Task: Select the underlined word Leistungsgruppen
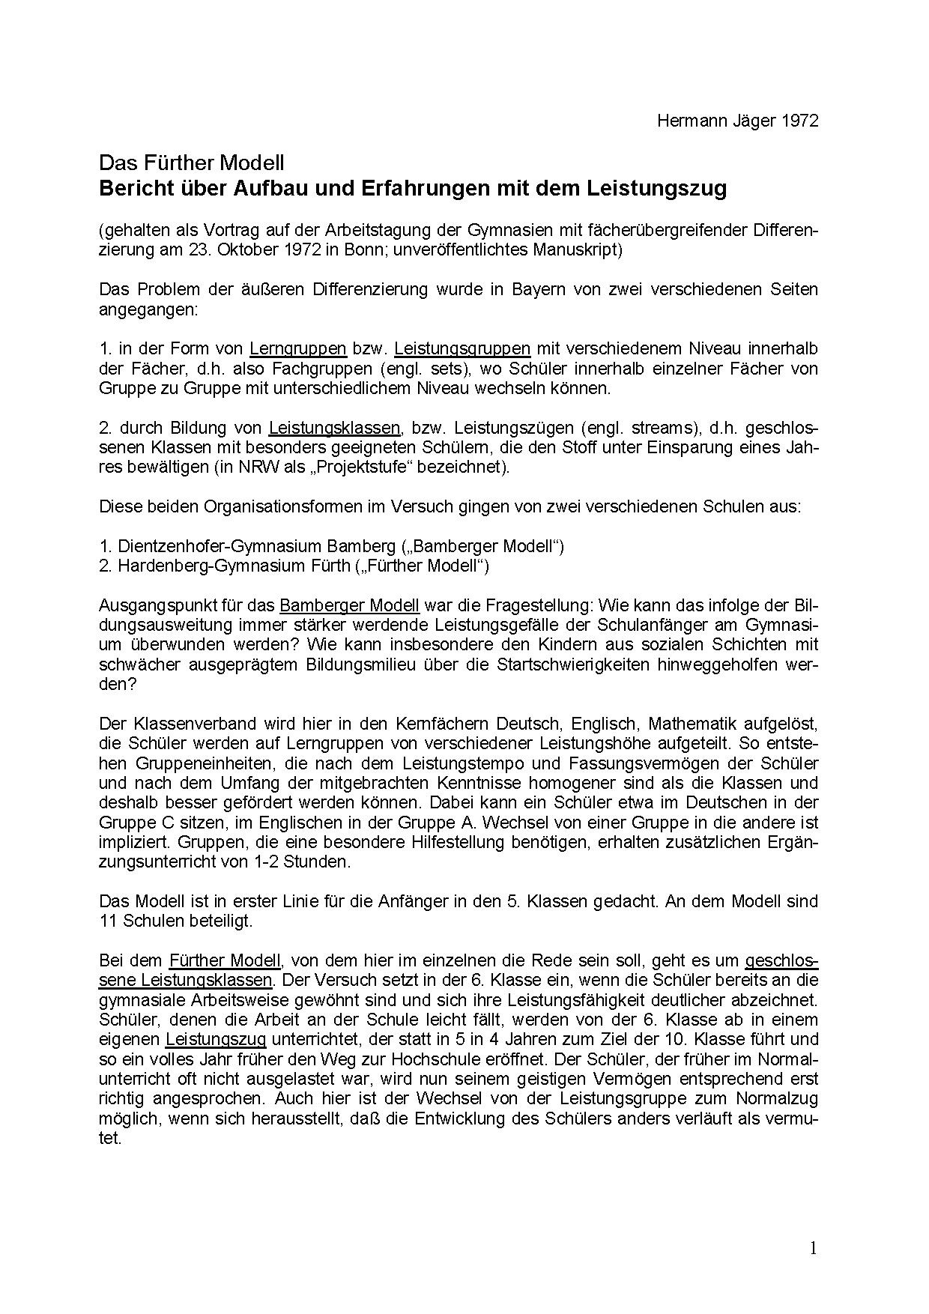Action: pos(462,348)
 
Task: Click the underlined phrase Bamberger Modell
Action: pos(349,605)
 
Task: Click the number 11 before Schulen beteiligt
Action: pos(108,921)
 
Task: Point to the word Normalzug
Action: pos(781,1099)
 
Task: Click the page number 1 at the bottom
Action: pos(814,1247)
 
